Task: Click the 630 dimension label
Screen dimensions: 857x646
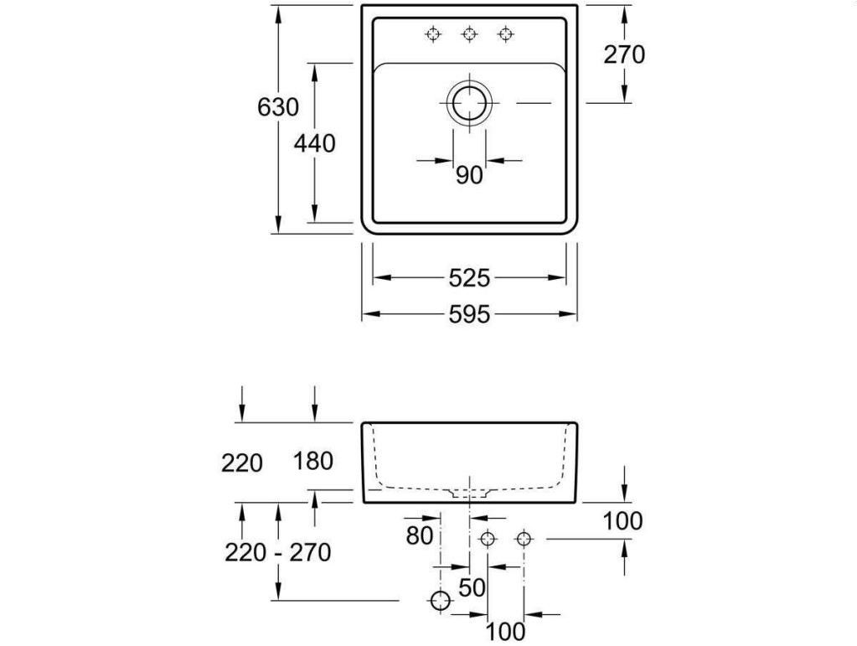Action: click(278, 107)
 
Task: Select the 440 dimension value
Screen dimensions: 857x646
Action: click(315, 144)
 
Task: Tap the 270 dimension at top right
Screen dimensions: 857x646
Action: click(624, 54)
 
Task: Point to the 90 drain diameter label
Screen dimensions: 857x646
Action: click(469, 175)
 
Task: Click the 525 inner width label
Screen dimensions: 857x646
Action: click(469, 279)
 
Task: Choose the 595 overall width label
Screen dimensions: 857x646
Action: click(469, 315)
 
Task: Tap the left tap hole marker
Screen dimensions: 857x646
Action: click(433, 34)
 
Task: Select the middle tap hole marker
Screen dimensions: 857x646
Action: click(469, 34)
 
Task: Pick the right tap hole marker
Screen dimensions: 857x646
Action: click(506, 34)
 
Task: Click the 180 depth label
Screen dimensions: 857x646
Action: click(313, 462)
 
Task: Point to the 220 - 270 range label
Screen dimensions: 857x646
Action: click(277, 552)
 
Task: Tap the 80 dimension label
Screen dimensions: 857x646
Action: click(420, 536)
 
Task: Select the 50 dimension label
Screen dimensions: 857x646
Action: click(472, 588)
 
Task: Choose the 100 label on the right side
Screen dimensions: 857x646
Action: click(622, 521)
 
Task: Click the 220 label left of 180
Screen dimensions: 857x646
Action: click(242, 463)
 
